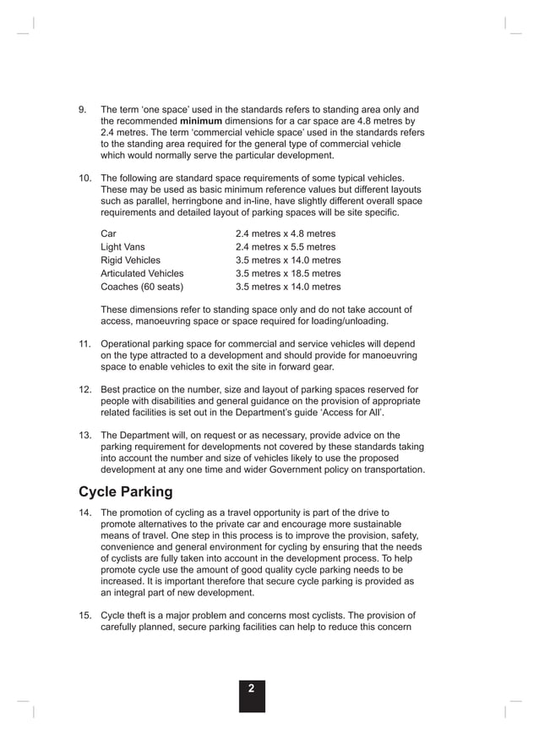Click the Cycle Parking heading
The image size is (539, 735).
click(125, 491)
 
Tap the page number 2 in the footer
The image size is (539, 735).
click(251, 689)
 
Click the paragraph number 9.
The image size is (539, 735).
click(83, 109)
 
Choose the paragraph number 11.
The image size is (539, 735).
click(85, 344)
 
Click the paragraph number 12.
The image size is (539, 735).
click(85, 390)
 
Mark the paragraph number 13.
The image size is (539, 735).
click(85, 436)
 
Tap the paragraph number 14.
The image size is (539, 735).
click(85, 513)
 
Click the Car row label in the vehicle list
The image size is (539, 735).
click(109, 233)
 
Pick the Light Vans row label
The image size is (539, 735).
click(122, 247)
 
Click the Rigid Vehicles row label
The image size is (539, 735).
click(130, 261)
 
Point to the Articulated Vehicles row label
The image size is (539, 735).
click(142, 274)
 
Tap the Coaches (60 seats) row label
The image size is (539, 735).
click(142, 288)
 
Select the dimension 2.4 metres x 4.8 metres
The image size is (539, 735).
click(286, 233)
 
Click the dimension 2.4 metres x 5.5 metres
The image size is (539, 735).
click(286, 247)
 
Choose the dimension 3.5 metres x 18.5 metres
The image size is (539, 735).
click(288, 274)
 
